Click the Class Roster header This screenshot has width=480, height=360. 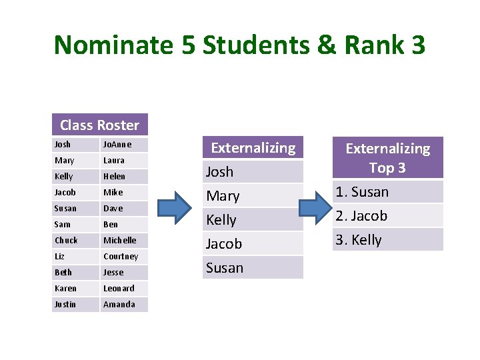(x=99, y=125)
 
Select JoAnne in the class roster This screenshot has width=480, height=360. (x=117, y=145)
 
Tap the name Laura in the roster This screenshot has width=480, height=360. (x=113, y=161)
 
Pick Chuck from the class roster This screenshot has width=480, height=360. (x=66, y=241)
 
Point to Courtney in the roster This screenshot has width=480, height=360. (x=121, y=257)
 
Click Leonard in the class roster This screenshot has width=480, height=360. (x=119, y=289)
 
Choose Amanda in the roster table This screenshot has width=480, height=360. (x=119, y=305)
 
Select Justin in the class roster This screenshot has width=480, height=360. (x=65, y=305)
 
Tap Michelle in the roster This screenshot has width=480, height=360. (x=119, y=241)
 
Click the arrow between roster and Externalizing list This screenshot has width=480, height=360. (x=175, y=207)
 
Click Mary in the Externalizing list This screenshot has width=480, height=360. (x=222, y=196)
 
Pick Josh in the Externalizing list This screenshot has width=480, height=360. (x=219, y=172)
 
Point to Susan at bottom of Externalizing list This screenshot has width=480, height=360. (x=224, y=268)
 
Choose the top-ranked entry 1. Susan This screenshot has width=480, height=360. (x=362, y=192)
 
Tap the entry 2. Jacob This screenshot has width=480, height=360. (x=361, y=216)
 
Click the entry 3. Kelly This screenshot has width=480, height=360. (x=359, y=240)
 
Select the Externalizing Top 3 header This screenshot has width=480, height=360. (x=387, y=157)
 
